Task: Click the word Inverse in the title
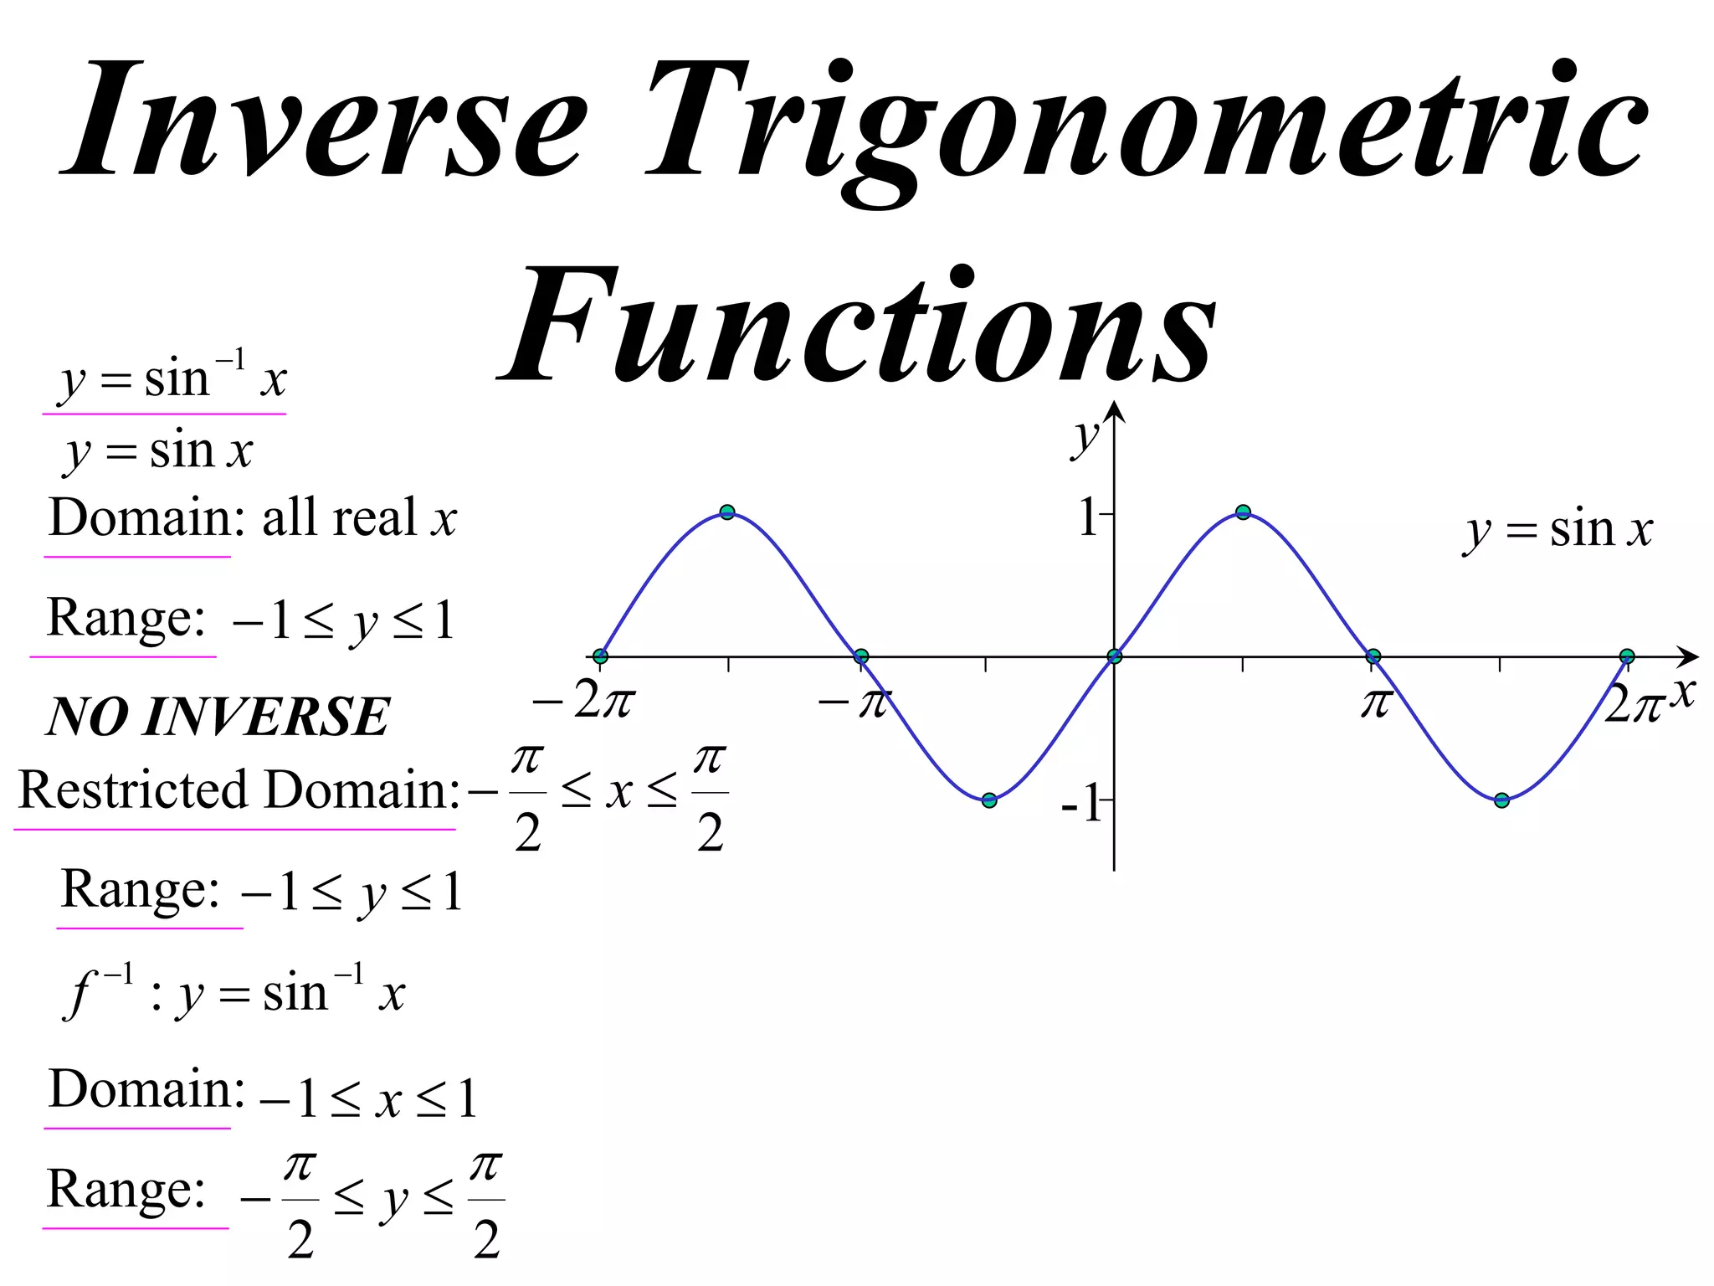tap(326, 121)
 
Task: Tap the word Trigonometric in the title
tap(1147, 126)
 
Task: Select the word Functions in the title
tap(858, 327)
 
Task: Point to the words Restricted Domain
tap(239, 790)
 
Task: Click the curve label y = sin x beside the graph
tap(1558, 531)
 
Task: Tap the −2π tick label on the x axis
tap(584, 702)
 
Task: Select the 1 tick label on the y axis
tap(1087, 517)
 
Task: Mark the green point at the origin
tap(1114, 656)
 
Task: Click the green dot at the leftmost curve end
tap(600, 656)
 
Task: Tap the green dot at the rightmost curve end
tap(1627, 656)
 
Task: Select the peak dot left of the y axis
tap(727, 512)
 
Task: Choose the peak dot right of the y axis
tap(1243, 512)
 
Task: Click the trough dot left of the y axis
tap(989, 800)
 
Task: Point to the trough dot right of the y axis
tap(1501, 800)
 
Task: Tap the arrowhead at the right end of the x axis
tap(1691, 656)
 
